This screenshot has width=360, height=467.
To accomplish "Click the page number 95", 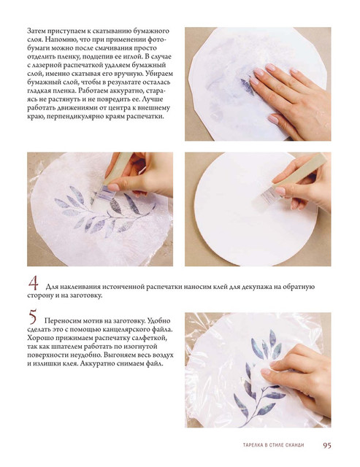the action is pos(327,445).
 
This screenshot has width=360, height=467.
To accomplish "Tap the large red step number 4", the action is pos(34,283).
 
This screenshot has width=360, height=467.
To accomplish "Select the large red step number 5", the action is pos(33,317).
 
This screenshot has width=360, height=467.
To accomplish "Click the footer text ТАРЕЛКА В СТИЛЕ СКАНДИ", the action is pos(273,445).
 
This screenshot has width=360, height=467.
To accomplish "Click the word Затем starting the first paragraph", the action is pos(36,31).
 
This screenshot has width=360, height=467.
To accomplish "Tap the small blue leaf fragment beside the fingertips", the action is pos(246,85).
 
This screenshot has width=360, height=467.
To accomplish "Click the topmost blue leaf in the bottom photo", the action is pos(272,339).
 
